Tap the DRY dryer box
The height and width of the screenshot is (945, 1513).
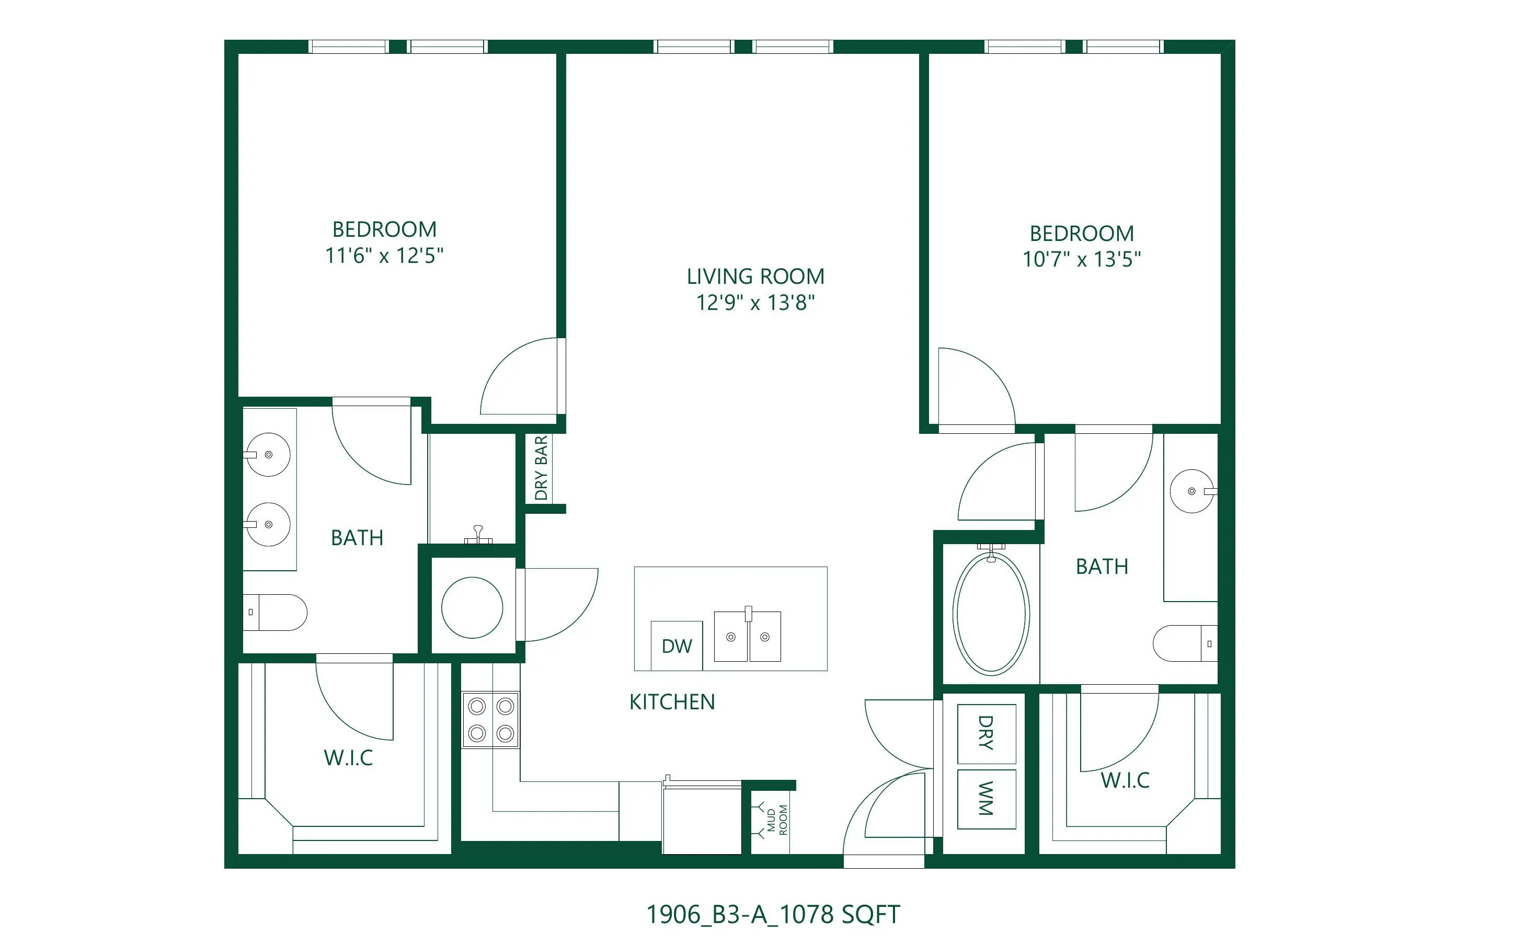pyautogui.click(x=987, y=734)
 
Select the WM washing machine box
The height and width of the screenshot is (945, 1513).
pyautogui.click(x=987, y=799)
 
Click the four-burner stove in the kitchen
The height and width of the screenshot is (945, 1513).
pyautogui.click(x=490, y=719)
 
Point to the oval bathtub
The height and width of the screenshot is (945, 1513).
pyautogui.click(x=991, y=613)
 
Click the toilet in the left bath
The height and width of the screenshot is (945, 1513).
pyautogui.click(x=275, y=613)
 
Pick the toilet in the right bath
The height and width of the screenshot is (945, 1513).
pyautogui.click(x=1185, y=643)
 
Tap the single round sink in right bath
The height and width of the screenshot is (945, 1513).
pyautogui.click(x=1193, y=491)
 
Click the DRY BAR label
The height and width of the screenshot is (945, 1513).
pyautogui.click(x=541, y=468)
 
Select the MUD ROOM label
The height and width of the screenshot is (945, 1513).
pyautogui.click(x=777, y=820)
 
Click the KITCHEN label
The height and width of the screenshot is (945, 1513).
pyautogui.click(x=672, y=702)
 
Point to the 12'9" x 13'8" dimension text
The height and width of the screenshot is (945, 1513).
pyautogui.click(x=755, y=303)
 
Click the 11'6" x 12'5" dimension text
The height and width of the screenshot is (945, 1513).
pyautogui.click(x=384, y=256)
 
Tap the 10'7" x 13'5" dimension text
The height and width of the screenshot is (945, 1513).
pyautogui.click(x=1082, y=259)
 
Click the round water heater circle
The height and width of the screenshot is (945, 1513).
pyautogui.click(x=473, y=607)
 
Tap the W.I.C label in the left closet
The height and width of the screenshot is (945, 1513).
pyautogui.click(x=348, y=758)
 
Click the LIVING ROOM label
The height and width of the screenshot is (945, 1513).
pyautogui.click(x=755, y=276)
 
